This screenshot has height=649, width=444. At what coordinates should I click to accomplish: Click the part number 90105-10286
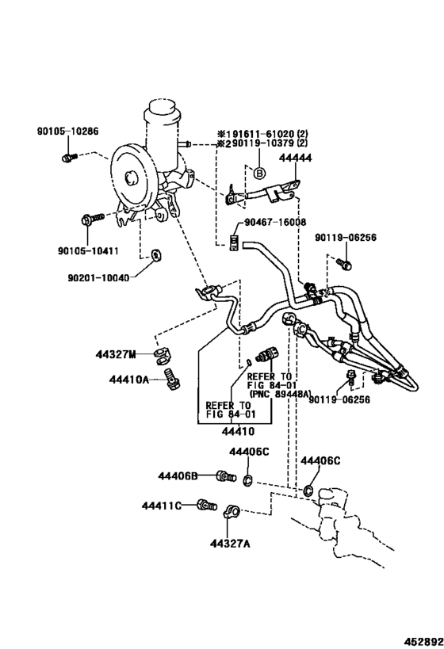click(67, 132)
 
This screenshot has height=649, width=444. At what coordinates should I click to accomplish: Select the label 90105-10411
click(90, 251)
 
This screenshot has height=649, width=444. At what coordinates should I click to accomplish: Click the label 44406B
click(178, 475)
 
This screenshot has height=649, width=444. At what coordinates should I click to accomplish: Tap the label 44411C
click(163, 506)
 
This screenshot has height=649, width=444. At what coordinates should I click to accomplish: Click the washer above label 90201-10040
click(155, 254)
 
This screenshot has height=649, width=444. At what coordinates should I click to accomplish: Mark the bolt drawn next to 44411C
click(208, 504)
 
